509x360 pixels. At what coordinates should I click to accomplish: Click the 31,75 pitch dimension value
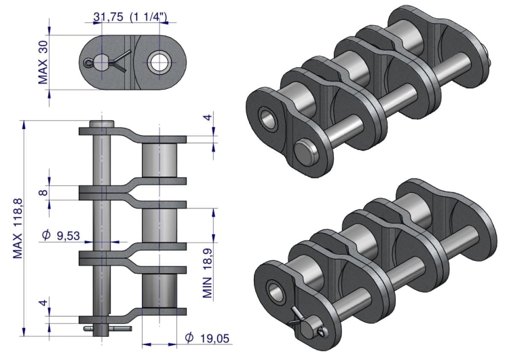[109, 16]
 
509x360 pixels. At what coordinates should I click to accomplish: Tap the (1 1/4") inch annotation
[149, 16]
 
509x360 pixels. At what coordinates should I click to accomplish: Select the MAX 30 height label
[43, 62]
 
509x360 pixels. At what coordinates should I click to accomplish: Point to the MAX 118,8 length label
[18, 228]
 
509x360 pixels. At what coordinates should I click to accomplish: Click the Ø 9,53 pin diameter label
[61, 235]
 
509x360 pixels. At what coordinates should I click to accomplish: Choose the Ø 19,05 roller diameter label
[207, 338]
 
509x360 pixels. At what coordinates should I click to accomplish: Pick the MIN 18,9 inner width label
[208, 273]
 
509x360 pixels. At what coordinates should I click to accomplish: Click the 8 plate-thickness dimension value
[43, 192]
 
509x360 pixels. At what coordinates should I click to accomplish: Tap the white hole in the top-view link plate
[159, 62]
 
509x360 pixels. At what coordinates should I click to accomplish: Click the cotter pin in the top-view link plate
[107, 61]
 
